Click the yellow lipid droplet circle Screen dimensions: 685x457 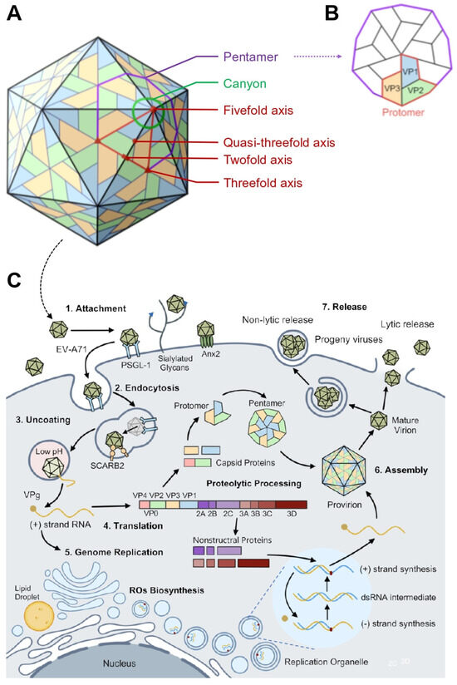(36, 619)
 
